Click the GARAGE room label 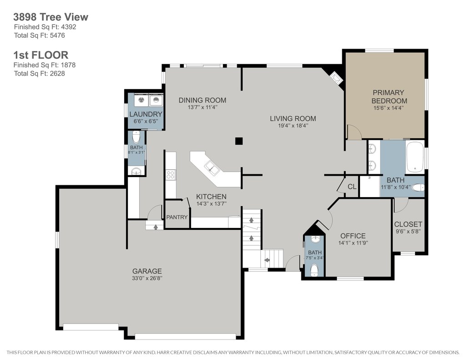click(x=147, y=271)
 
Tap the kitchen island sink click(x=212, y=167)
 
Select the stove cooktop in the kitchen click(x=171, y=174)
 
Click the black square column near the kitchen click(x=239, y=141)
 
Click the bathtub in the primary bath click(x=415, y=157)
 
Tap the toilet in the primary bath click(x=419, y=188)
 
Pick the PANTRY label click(x=177, y=217)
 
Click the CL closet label click(x=352, y=187)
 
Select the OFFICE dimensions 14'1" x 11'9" click(x=353, y=243)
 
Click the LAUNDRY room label click(x=146, y=114)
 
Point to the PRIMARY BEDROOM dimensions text click(x=389, y=108)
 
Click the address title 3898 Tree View click(x=51, y=17)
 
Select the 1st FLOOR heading click(x=41, y=55)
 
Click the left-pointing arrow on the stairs click(x=267, y=260)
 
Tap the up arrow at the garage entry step click(x=156, y=227)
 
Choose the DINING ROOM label click(x=203, y=100)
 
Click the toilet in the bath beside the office click(x=314, y=270)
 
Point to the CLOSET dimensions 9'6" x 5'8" click(x=408, y=232)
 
